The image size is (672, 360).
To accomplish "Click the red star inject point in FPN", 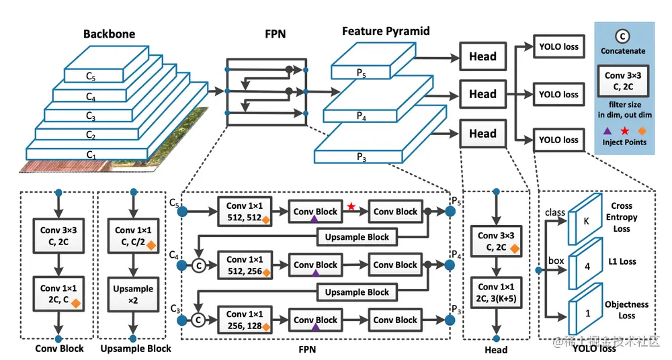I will click(351, 206).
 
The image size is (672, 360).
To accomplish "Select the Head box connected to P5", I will click(482, 57).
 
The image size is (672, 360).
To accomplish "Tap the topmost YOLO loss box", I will click(558, 48).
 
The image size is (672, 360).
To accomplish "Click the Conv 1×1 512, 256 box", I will click(246, 265).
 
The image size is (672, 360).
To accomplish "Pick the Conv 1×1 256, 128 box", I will click(246, 320).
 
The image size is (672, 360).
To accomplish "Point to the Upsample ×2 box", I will click(134, 294).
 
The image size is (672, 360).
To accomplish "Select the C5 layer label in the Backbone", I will click(90, 78).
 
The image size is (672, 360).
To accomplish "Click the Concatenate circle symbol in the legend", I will click(624, 36).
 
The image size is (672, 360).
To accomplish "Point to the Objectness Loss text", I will click(626, 310).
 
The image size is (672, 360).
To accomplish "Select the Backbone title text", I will click(109, 34).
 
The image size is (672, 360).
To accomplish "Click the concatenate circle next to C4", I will click(198, 265).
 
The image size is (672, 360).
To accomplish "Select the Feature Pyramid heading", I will click(386, 32).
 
